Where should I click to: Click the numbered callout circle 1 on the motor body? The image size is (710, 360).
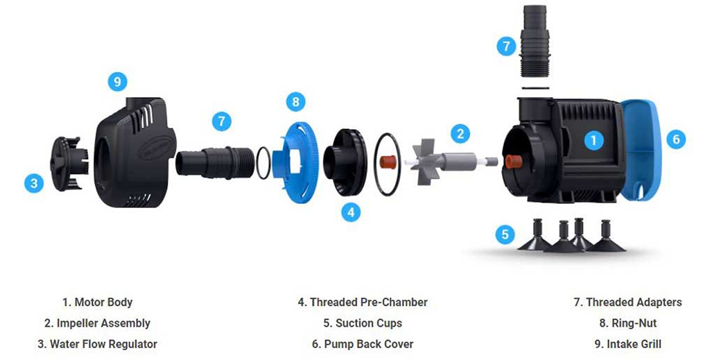(x=592, y=140)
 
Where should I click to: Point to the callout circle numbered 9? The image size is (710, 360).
(x=118, y=82)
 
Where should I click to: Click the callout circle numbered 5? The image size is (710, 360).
(x=505, y=234)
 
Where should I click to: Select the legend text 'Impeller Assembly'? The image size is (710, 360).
(x=96, y=323)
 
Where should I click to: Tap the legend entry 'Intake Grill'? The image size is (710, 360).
(x=627, y=343)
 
